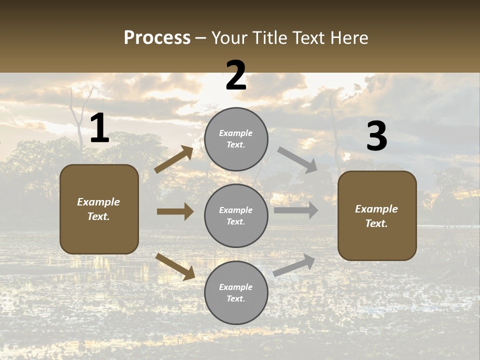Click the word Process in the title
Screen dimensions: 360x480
[x=157, y=37]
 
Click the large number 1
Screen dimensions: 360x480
[x=99, y=128]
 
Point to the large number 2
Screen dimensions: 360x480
[x=236, y=75]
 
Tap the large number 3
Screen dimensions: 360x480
[x=376, y=136]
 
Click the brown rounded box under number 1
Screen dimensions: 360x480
[x=99, y=209]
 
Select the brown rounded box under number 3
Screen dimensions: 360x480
[x=377, y=216]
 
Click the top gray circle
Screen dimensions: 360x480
[x=236, y=139]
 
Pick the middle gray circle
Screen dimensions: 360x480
[x=236, y=215]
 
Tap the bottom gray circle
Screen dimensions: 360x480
[x=236, y=293]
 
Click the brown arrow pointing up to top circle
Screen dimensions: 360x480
[x=174, y=159]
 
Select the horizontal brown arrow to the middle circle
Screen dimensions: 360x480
[x=175, y=211]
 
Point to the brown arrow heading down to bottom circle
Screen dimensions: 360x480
[x=175, y=266]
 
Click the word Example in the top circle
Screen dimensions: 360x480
[x=236, y=133]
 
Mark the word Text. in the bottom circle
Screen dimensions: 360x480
[x=236, y=298]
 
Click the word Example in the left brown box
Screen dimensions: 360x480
[x=98, y=202]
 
